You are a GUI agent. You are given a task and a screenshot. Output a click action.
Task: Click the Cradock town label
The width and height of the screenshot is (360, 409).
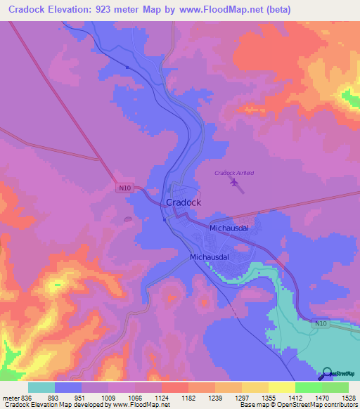click(x=184, y=202)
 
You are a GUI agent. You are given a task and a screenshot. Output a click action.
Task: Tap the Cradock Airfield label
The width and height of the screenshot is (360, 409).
click(x=233, y=173)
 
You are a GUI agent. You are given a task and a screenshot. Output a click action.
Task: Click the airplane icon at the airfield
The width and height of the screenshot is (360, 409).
click(x=234, y=185)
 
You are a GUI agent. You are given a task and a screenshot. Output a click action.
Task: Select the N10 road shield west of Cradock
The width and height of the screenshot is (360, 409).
click(x=124, y=188)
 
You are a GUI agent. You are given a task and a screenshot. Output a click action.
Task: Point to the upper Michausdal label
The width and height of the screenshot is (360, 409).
click(x=230, y=228)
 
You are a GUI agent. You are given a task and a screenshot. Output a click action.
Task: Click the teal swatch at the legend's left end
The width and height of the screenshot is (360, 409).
click(x=41, y=387)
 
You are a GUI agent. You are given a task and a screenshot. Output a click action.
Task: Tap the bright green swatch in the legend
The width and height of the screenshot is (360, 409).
click(x=308, y=387)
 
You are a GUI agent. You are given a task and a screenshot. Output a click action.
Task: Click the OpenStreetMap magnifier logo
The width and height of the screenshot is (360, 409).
click(x=325, y=374)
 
